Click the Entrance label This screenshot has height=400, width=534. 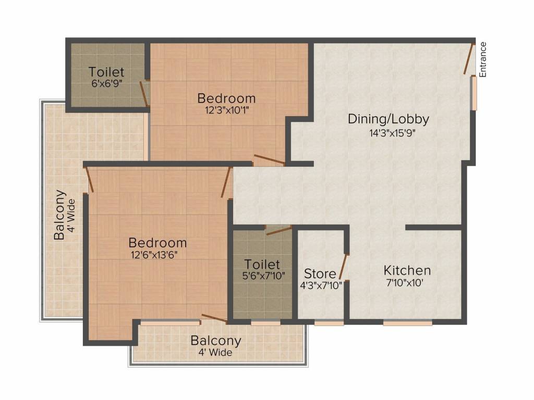(482, 59)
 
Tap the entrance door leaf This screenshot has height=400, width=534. (469, 58)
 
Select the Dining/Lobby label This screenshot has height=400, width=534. (388, 119)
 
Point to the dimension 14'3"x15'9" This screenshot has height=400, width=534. (393, 133)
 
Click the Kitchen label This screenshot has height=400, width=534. (407, 270)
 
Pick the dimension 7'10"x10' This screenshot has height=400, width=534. (405, 283)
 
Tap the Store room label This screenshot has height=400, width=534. (320, 273)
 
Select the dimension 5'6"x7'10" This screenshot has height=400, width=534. (263, 276)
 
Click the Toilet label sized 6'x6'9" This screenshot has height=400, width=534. (106, 72)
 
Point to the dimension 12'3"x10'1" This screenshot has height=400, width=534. (227, 110)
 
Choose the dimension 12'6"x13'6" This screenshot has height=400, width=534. (154, 255)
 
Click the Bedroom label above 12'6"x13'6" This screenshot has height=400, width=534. (157, 243)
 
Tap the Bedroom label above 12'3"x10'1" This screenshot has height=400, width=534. (226, 98)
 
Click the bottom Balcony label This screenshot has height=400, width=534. (216, 341)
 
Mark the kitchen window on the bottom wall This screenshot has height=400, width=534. (408, 322)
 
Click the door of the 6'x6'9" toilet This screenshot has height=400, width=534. (144, 94)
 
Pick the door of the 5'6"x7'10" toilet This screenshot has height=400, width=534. (278, 230)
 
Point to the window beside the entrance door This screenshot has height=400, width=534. (474, 93)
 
